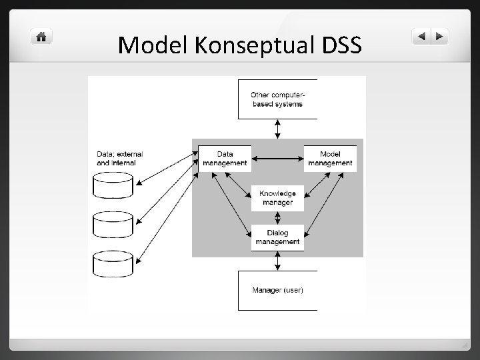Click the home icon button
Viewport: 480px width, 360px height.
(41, 37)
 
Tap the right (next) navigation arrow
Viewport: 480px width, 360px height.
(440, 37)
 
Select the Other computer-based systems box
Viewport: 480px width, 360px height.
(277, 99)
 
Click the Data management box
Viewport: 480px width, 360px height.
(224, 159)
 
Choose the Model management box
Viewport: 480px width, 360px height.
(330, 159)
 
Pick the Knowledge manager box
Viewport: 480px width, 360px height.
(277, 198)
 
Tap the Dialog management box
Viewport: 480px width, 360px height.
(277, 237)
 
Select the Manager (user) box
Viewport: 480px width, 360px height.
(277, 290)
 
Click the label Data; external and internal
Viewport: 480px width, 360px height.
(120, 159)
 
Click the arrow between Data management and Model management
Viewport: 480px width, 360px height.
(277, 159)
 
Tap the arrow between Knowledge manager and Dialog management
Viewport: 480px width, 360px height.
(277, 218)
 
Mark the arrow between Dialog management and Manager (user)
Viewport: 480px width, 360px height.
(277, 261)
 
